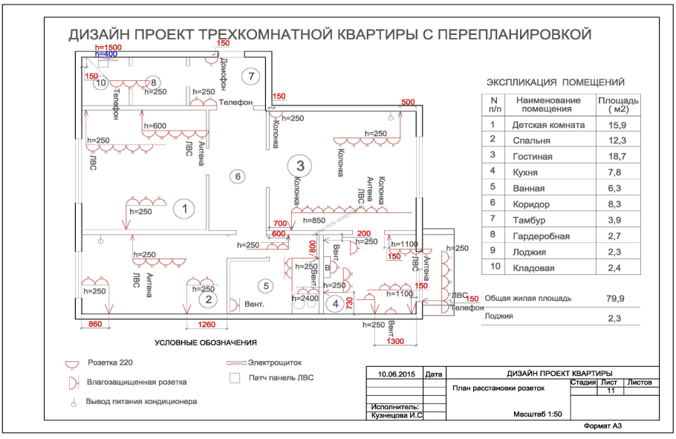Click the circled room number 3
point(299,165)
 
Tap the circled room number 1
point(183,209)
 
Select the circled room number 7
point(251,76)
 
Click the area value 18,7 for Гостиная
point(617,157)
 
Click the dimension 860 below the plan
point(95,325)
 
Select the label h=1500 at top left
point(108,48)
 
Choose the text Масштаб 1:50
point(538,414)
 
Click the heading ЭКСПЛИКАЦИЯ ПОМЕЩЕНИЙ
point(555,82)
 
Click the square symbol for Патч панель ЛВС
point(235,377)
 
